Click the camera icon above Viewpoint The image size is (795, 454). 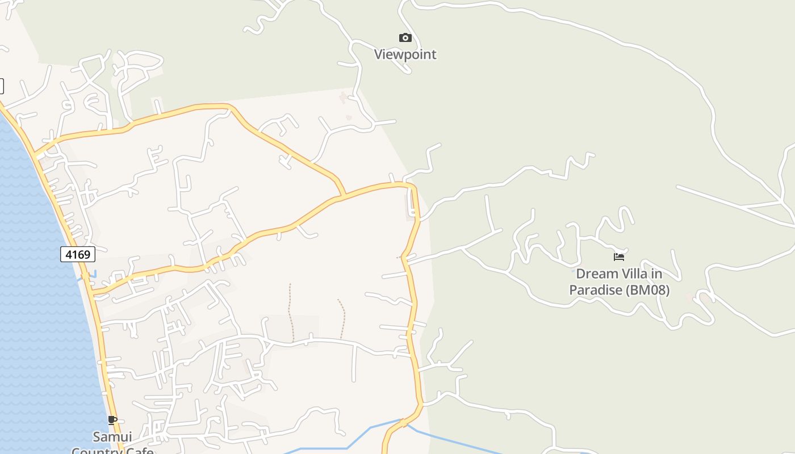405,38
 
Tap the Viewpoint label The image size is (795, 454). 405,54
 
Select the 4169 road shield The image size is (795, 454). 78,254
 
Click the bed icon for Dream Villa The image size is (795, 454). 619,257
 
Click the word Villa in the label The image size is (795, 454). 633,274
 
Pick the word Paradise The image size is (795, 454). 596,291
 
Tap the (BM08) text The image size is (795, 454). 647,291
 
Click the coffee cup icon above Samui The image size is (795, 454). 112,421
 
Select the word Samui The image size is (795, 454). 112,437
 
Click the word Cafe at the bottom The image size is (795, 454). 140,451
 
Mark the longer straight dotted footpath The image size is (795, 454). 290,312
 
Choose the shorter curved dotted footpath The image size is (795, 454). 342,318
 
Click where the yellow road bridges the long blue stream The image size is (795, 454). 403,423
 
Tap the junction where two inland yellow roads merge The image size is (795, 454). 342,196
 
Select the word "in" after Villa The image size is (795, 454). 656,274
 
